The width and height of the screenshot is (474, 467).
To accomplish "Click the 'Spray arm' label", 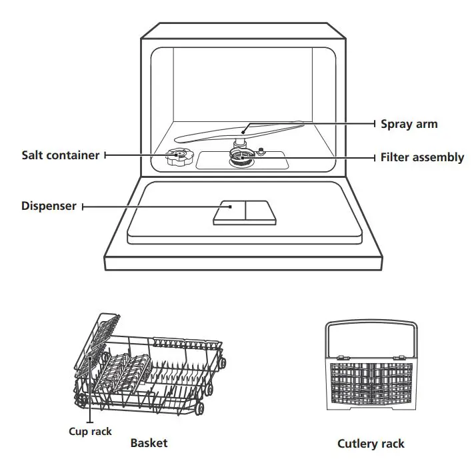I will click(x=409, y=124).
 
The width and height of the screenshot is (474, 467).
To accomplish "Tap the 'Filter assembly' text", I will click(x=422, y=158).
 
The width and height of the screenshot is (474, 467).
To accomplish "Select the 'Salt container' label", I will click(x=61, y=155).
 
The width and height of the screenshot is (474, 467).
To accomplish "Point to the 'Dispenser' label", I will click(x=49, y=207).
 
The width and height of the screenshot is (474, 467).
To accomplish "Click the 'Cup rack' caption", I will click(x=90, y=431).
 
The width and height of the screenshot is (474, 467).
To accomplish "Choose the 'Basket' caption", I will click(x=149, y=443).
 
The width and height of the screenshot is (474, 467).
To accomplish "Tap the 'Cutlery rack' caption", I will click(x=371, y=444).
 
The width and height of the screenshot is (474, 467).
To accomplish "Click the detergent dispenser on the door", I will click(x=244, y=213).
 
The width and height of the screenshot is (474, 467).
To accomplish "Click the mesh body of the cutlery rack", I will click(x=371, y=385).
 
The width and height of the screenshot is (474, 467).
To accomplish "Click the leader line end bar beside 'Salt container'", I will click(x=105, y=155).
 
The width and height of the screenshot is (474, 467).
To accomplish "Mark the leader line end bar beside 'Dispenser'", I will click(x=83, y=207).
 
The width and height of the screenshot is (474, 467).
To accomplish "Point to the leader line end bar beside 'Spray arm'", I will click(x=375, y=124).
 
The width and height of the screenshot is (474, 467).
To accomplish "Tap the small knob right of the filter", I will click(x=262, y=151).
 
